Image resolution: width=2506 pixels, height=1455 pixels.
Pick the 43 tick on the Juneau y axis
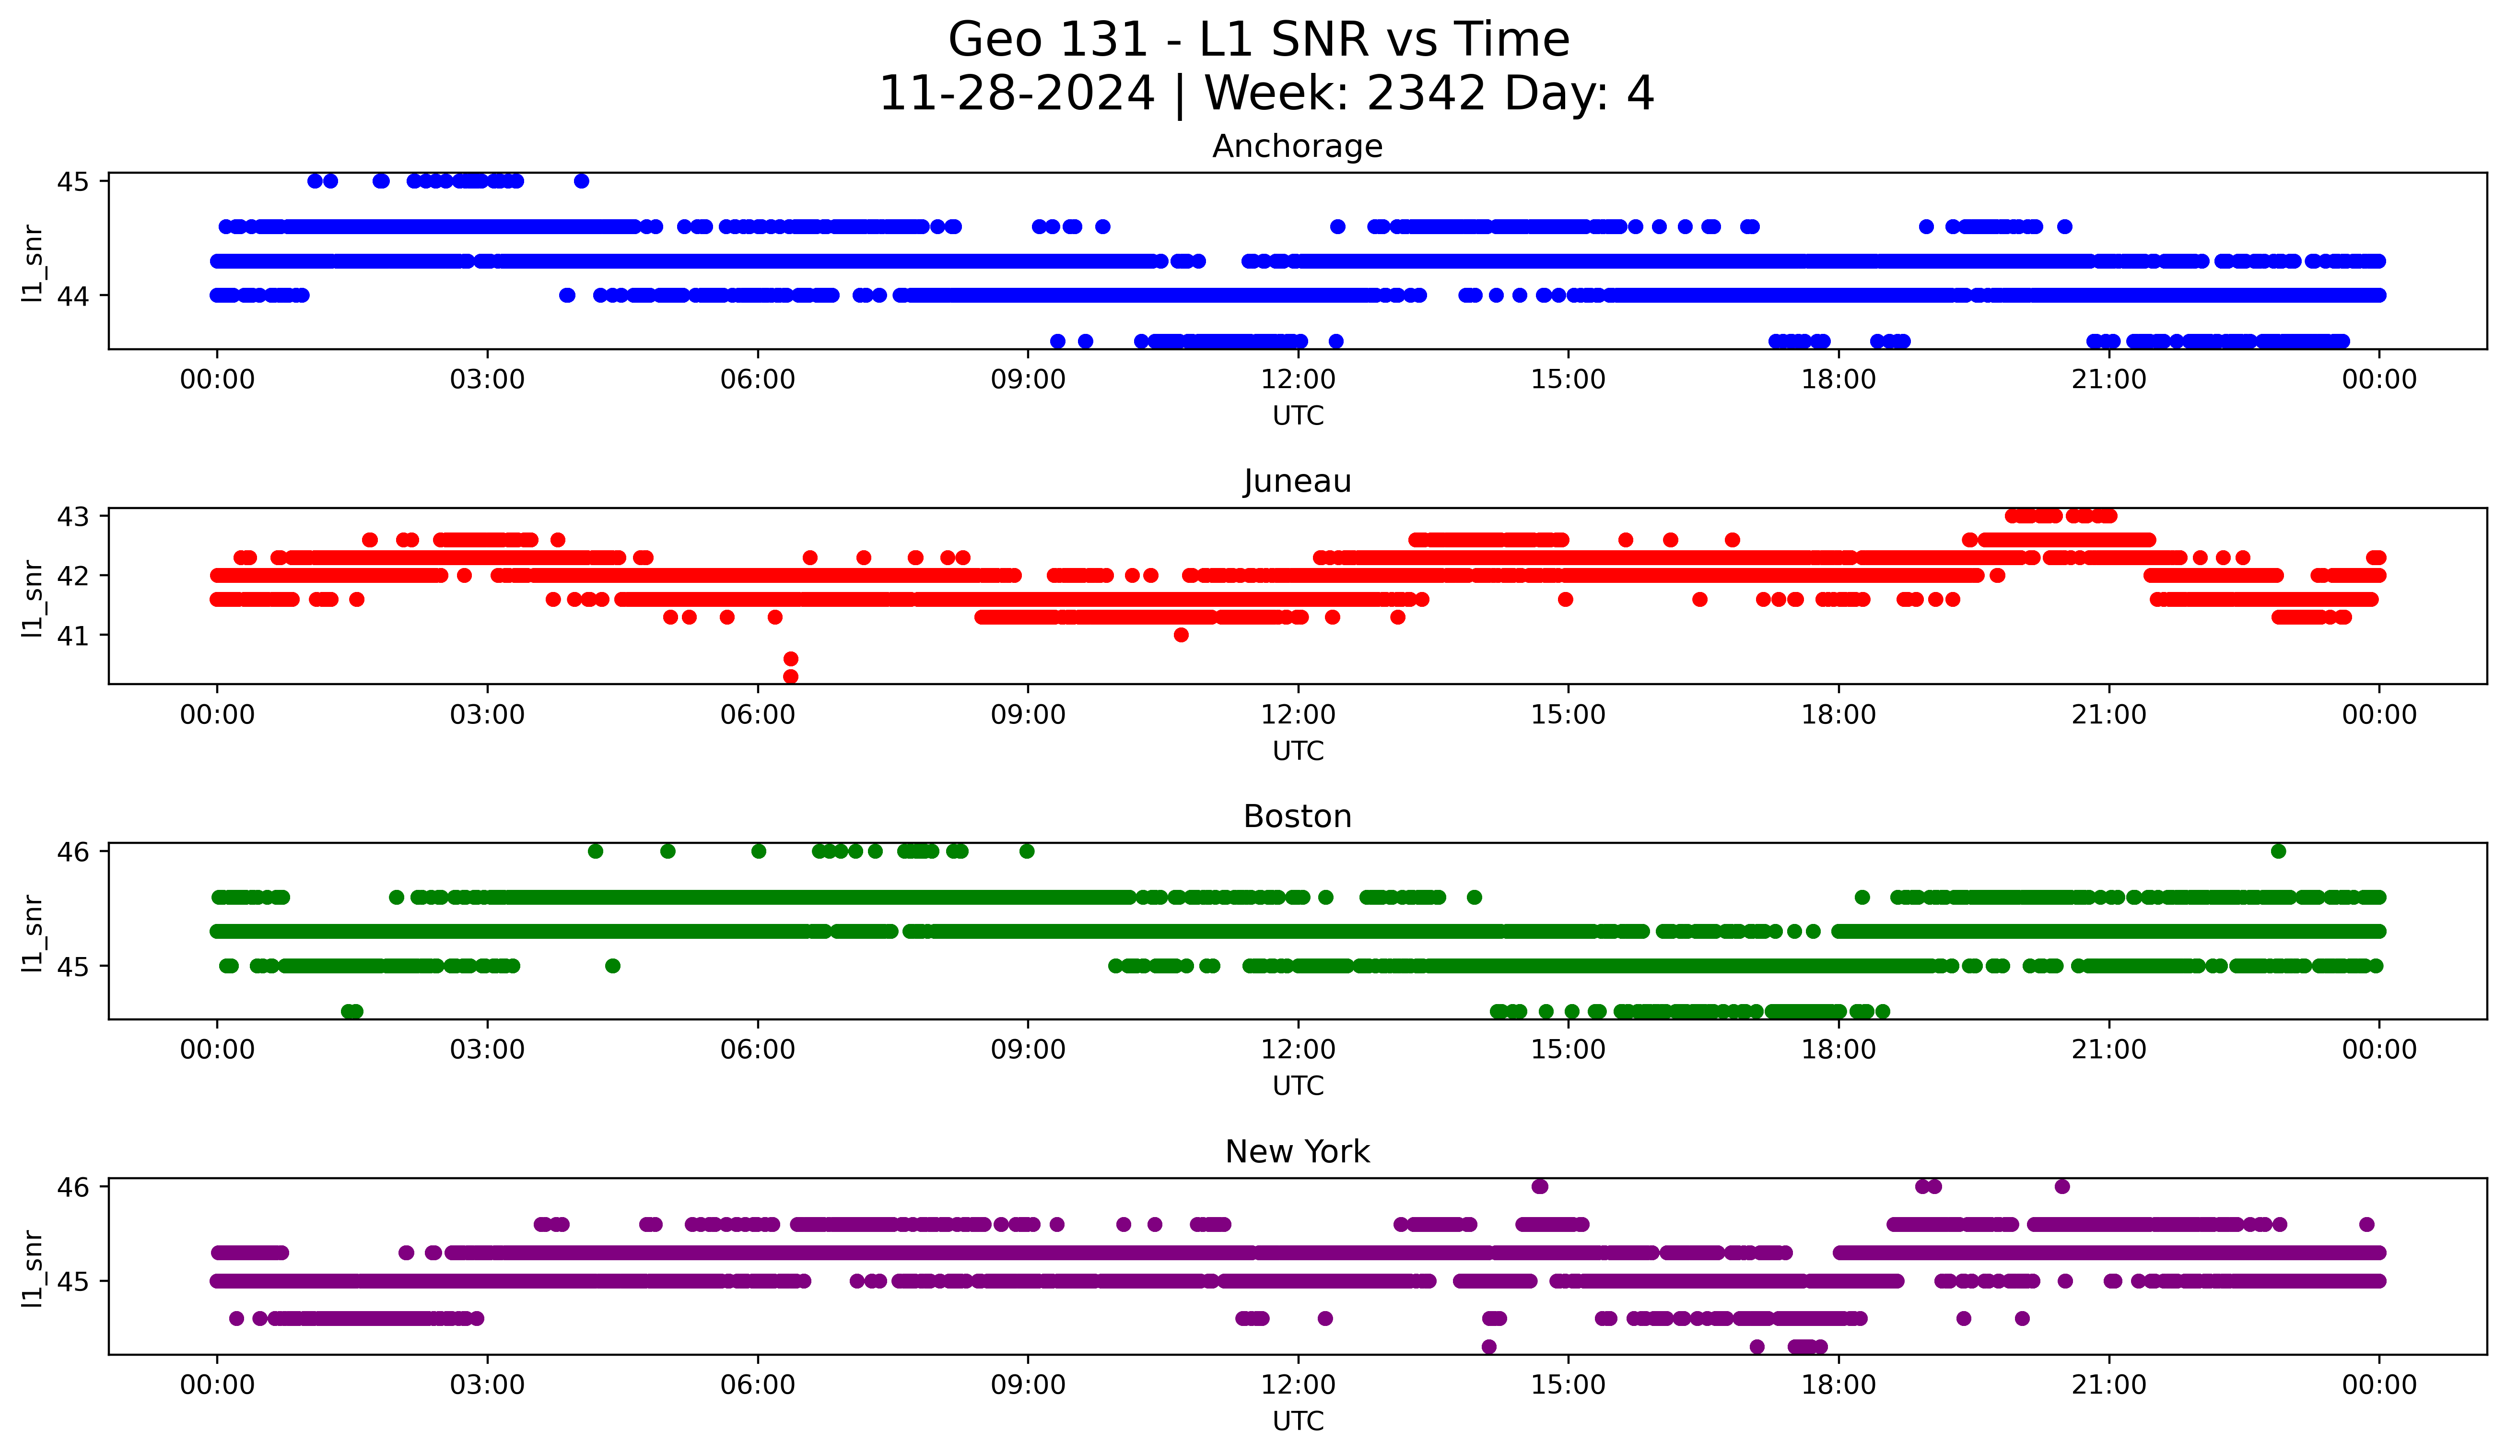coord(72,516)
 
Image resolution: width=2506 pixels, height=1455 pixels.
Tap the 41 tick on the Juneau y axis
coord(72,636)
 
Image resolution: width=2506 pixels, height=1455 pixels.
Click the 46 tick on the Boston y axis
coord(72,852)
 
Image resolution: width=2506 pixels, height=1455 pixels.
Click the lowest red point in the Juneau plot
coord(791,676)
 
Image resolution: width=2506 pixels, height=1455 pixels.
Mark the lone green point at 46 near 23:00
coord(2278,852)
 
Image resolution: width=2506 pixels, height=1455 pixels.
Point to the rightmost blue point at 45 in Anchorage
coord(582,181)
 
